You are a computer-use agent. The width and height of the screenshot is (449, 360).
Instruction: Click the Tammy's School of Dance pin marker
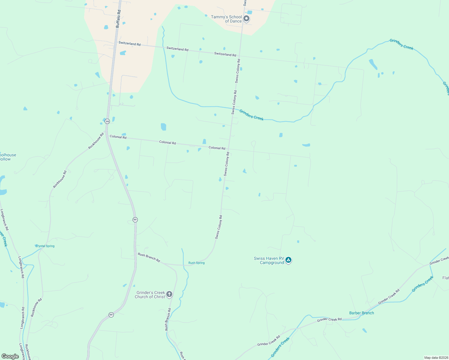click(x=246, y=19)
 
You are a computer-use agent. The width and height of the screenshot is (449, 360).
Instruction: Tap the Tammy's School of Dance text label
click(x=226, y=19)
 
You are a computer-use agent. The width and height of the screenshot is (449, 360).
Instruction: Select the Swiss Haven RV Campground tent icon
click(x=288, y=260)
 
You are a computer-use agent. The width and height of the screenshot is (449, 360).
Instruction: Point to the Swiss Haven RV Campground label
click(x=269, y=260)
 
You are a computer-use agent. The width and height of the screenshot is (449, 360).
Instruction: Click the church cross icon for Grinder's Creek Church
click(x=169, y=294)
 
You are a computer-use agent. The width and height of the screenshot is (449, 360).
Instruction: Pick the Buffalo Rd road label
click(x=118, y=19)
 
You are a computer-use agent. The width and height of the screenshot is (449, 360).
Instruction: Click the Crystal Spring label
click(x=45, y=246)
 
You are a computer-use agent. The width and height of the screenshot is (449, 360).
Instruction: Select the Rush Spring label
click(x=196, y=263)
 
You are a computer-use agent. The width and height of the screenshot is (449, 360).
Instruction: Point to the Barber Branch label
click(x=361, y=313)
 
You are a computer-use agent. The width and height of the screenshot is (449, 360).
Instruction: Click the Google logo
click(x=10, y=356)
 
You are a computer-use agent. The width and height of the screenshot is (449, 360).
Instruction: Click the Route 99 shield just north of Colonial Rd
click(x=107, y=121)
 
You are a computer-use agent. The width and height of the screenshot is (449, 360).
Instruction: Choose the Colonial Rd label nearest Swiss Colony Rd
click(x=217, y=148)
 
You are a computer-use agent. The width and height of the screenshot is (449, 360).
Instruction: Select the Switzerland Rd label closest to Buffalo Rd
click(x=129, y=43)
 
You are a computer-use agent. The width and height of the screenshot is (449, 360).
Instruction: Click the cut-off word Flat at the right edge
click(x=445, y=278)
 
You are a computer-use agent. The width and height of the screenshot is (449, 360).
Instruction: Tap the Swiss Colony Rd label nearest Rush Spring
click(x=218, y=227)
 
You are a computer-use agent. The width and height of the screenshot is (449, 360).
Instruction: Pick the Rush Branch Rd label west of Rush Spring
click(x=149, y=257)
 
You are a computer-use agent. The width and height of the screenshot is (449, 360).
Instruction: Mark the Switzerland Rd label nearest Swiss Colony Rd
click(x=225, y=54)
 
